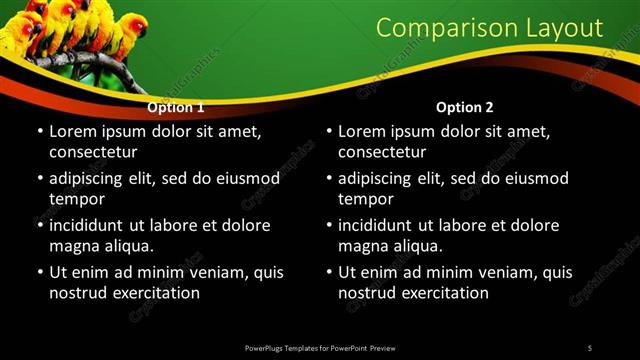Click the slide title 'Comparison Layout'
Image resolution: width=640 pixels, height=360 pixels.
point(489,28)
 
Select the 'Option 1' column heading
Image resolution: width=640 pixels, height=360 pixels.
point(176,107)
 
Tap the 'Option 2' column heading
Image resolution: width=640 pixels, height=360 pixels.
point(465,107)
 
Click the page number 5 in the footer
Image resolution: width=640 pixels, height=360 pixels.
point(589,347)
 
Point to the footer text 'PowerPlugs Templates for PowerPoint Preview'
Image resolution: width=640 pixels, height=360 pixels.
point(320,347)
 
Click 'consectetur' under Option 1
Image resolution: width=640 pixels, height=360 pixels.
point(93,152)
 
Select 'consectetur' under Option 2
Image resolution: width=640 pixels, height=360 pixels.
point(382,152)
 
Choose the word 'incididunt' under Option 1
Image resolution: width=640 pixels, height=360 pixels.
point(90,226)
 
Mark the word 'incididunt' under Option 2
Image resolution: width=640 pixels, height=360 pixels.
point(379,226)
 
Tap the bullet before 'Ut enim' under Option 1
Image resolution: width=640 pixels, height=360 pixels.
point(39,272)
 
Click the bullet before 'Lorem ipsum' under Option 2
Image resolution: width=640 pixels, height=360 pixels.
point(328,132)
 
